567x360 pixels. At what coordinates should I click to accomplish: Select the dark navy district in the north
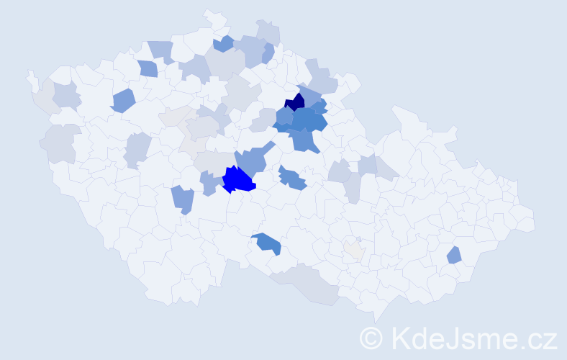pos(296,102)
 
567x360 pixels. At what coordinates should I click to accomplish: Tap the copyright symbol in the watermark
pos(371,338)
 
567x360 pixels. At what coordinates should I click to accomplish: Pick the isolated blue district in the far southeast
pos(453,255)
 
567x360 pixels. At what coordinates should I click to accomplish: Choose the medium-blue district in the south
pos(267,243)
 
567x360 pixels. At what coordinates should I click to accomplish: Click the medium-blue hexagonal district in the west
pos(123,100)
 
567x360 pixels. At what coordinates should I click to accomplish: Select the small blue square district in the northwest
pos(148,68)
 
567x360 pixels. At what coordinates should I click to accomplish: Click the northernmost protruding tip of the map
pos(210,14)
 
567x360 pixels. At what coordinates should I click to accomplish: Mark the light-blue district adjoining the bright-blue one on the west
pos(211,183)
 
